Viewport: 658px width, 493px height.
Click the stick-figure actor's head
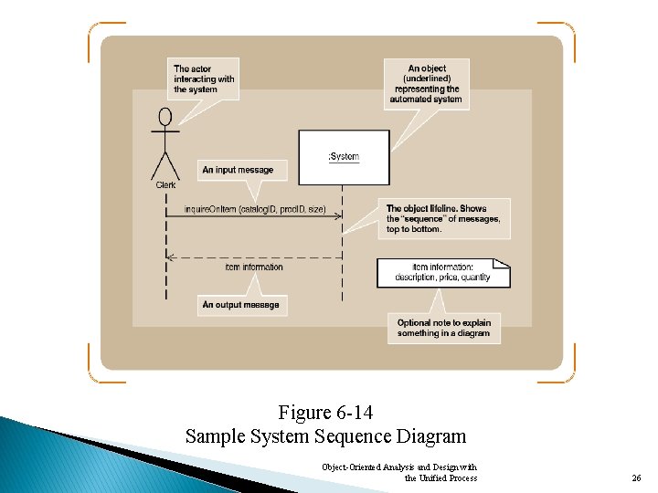point(165,117)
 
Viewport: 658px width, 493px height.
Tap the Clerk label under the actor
point(165,184)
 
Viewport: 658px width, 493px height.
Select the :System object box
point(344,157)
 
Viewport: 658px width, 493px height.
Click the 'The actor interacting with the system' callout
point(204,79)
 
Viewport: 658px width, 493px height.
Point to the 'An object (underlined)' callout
point(427,84)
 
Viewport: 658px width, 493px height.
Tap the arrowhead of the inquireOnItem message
point(338,216)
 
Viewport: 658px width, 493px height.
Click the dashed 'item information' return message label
point(254,267)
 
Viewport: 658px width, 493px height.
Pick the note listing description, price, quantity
point(443,272)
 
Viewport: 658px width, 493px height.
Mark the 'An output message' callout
point(242,304)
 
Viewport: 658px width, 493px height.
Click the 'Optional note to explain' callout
point(444,328)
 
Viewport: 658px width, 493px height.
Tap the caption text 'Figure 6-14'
point(325,413)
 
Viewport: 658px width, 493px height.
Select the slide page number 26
point(636,477)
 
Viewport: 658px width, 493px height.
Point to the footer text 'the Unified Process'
point(440,477)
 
